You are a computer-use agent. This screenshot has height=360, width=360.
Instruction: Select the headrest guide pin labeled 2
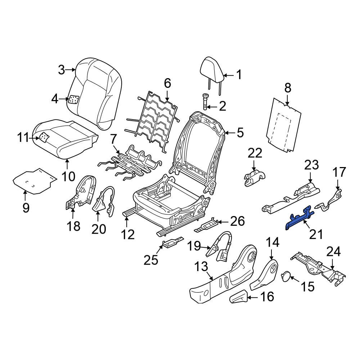[205, 101]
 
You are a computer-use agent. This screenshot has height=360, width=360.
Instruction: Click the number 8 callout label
[288, 88]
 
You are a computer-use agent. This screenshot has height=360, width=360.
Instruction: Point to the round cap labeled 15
[286, 276]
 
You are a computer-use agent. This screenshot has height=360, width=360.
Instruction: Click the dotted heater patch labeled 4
[74, 99]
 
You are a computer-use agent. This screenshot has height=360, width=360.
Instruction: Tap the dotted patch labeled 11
[44, 137]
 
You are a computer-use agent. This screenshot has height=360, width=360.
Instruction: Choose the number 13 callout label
[202, 267]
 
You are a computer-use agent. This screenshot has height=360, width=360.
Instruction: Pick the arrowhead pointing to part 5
[226, 133]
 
